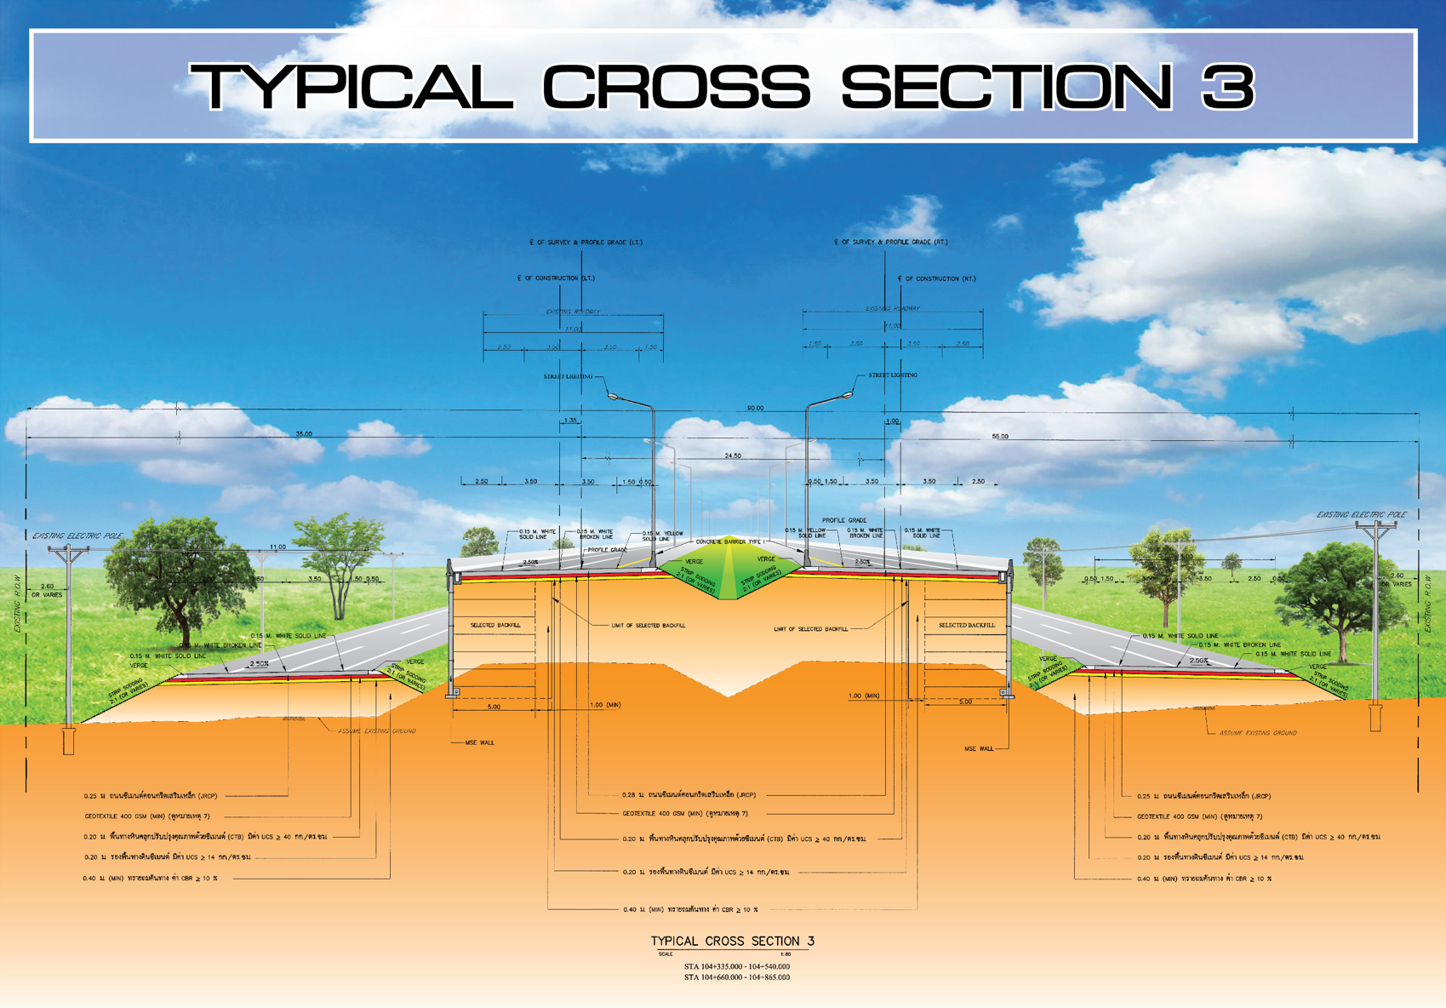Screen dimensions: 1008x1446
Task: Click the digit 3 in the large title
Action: pyautogui.click(x=1228, y=86)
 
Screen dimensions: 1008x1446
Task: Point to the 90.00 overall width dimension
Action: pyautogui.click(x=755, y=409)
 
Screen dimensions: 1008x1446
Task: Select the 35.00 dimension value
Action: pyautogui.click(x=304, y=434)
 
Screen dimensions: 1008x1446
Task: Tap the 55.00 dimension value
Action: pyautogui.click(x=1000, y=437)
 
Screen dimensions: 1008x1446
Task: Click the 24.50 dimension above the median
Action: pyautogui.click(x=733, y=456)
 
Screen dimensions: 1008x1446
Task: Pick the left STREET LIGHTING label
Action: pyautogui.click(x=568, y=376)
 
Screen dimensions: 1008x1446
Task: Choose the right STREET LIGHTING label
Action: pyautogui.click(x=893, y=375)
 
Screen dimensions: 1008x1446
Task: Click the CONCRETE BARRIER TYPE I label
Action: pyautogui.click(x=729, y=541)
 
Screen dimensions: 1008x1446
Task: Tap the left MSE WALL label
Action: pyautogui.click(x=479, y=742)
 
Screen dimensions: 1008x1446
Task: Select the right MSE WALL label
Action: pyautogui.click(x=979, y=749)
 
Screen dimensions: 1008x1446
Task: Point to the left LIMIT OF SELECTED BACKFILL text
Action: pyautogui.click(x=648, y=626)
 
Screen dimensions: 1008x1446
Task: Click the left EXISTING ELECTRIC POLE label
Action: pyautogui.click(x=77, y=535)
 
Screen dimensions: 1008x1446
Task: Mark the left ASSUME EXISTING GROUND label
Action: pyautogui.click(x=377, y=730)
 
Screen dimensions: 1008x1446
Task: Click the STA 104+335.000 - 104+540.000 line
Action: pyautogui.click(x=736, y=966)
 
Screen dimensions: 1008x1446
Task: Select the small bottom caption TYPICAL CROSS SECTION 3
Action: pyautogui.click(x=733, y=941)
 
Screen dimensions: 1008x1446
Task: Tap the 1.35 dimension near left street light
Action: pyautogui.click(x=570, y=421)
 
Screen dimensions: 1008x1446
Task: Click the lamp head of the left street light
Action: pyautogui.click(x=614, y=395)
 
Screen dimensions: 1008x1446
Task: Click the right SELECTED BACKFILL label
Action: pyautogui.click(x=967, y=625)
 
